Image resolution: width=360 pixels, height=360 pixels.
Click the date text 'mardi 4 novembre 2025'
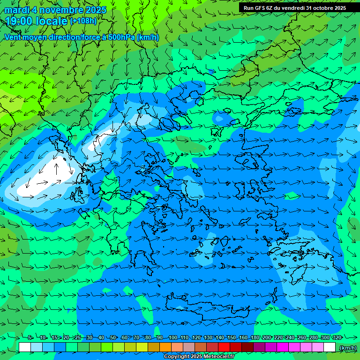click(55, 10)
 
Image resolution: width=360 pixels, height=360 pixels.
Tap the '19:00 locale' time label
click(37, 21)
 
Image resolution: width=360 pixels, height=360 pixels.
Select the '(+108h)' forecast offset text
click(83, 21)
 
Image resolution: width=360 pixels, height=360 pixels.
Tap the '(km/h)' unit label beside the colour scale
click(347, 347)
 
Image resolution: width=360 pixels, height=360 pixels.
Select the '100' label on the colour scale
click(172, 337)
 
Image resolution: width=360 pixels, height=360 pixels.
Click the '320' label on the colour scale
click(337, 337)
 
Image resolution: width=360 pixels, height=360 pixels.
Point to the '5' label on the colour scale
click(30, 337)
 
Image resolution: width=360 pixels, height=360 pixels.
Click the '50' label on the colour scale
click(113, 337)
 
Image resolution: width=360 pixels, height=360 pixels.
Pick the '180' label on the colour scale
click(255, 337)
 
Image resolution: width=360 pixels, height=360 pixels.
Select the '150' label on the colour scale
click(231, 337)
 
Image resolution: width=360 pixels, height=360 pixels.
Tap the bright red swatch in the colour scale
click(224, 347)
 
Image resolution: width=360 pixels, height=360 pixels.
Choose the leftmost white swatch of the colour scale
click(24, 347)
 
